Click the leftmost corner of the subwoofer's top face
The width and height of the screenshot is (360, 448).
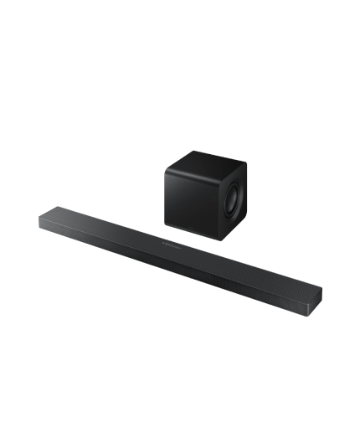(166, 168)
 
